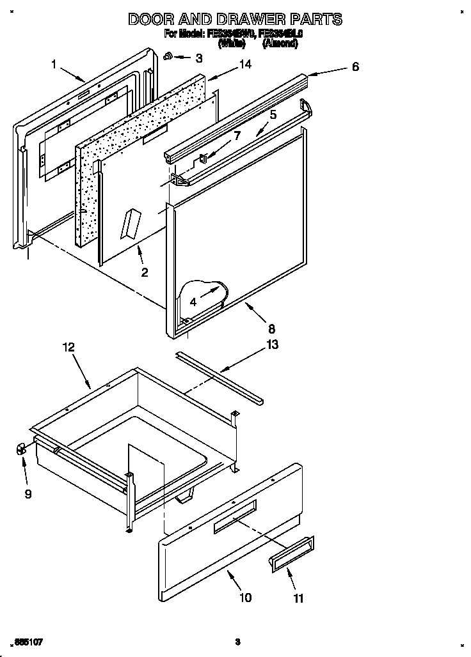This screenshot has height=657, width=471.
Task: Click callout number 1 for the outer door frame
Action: [54, 63]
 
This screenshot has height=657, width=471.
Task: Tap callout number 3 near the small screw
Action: [199, 58]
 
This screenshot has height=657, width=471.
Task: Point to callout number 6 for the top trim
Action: [355, 66]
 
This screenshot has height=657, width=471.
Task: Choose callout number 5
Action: [273, 115]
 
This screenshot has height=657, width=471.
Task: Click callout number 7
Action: [236, 135]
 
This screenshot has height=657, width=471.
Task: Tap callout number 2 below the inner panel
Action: [145, 272]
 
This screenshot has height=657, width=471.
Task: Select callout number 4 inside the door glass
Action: [193, 301]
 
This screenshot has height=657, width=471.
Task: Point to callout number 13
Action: [273, 345]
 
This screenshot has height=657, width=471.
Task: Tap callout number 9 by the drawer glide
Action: [28, 494]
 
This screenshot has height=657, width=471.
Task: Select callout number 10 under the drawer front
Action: [245, 598]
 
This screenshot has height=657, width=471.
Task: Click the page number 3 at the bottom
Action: [237, 641]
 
